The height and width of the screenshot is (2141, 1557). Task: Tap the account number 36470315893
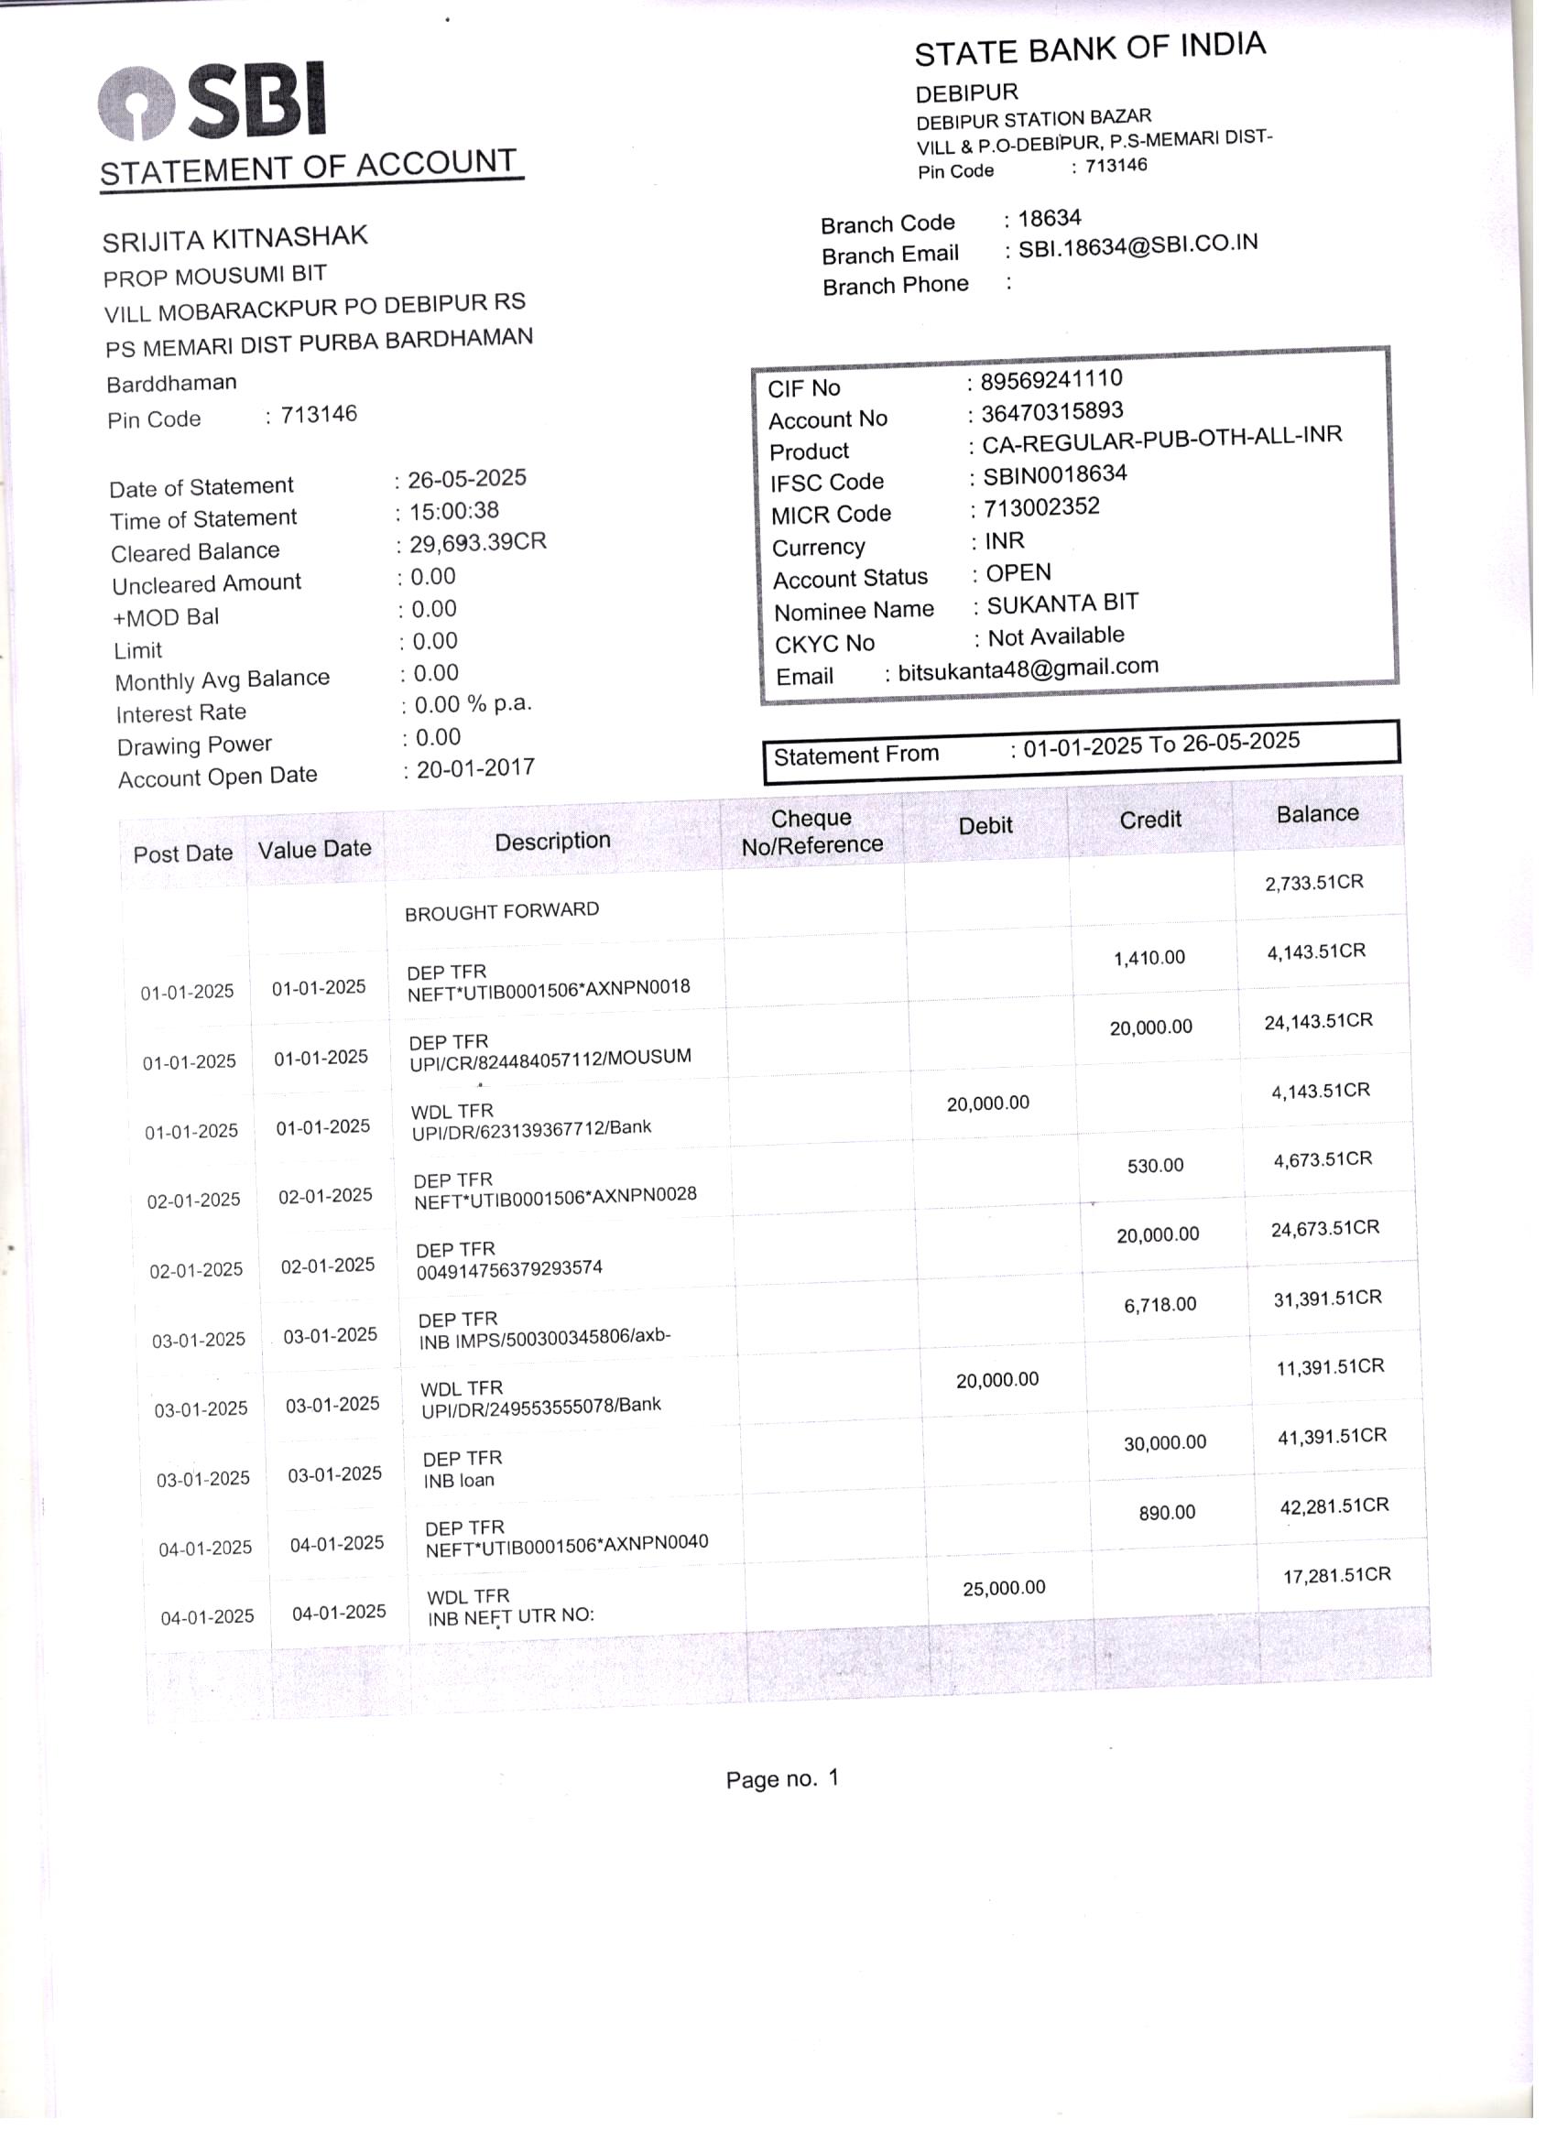click(x=1051, y=411)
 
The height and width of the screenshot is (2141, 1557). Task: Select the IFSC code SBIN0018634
click(x=1055, y=475)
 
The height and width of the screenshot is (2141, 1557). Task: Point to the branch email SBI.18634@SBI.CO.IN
click(x=1137, y=245)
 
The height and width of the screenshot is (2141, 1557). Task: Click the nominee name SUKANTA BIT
click(x=1062, y=604)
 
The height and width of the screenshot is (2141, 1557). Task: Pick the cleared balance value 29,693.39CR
click(x=477, y=543)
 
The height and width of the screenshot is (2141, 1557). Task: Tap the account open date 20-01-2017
click(x=475, y=768)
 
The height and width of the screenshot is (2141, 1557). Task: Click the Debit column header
click(x=985, y=826)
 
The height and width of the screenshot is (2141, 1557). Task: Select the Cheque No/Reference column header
click(x=811, y=831)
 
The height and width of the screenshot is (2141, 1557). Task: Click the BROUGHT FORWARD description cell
click(x=501, y=911)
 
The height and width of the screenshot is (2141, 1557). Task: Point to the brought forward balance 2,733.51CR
click(x=1313, y=883)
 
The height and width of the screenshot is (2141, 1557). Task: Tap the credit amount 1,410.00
click(x=1149, y=958)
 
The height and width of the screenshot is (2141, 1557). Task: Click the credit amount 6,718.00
click(x=1160, y=1305)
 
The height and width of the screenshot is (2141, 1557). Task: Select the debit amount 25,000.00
click(x=1004, y=1588)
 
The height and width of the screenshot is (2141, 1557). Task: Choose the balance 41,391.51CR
click(x=1332, y=1436)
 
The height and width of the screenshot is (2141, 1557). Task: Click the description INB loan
click(x=459, y=1480)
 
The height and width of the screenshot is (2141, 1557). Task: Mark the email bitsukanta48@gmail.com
click(x=1028, y=669)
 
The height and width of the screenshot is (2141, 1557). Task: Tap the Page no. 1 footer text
click(x=782, y=1779)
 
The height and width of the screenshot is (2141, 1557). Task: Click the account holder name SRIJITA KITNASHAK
click(x=234, y=239)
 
